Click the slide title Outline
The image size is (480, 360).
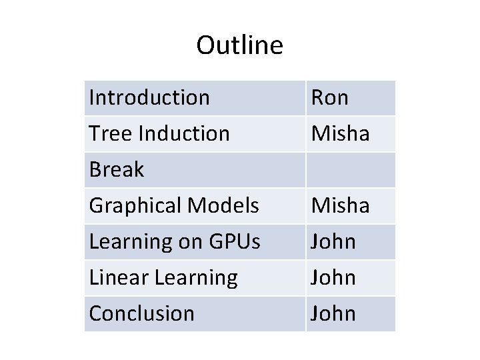click(x=239, y=45)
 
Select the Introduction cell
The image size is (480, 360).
click(x=149, y=98)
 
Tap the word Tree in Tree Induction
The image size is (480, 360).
click(x=111, y=134)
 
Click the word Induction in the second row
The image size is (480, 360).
click(x=184, y=134)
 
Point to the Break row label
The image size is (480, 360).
click(x=117, y=170)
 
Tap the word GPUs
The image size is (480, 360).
click(x=234, y=242)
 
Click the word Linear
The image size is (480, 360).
click(x=119, y=278)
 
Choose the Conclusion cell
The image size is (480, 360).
click(x=142, y=314)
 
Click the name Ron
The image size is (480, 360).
click(x=330, y=98)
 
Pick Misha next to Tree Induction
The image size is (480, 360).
click(x=340, y=134)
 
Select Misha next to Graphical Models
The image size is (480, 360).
click(x=340, y=206)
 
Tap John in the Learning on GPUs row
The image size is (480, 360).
click(x=333, y=242)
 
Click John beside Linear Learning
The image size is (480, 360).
click(x=333, y=278)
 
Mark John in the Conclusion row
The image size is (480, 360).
click(x=333, y=314)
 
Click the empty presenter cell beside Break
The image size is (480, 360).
click(x=351, y=170)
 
